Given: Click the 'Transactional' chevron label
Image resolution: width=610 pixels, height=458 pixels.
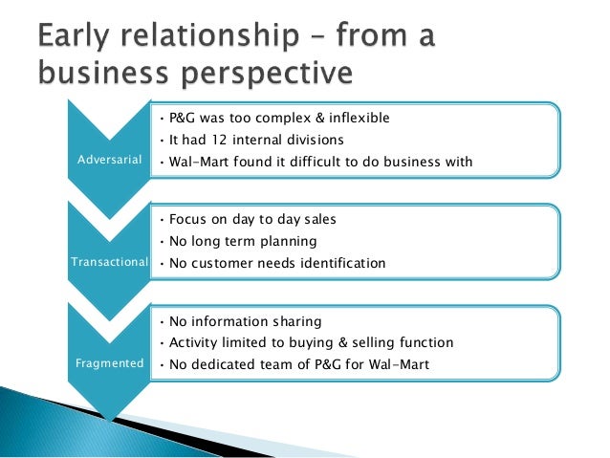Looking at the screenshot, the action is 110,262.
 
